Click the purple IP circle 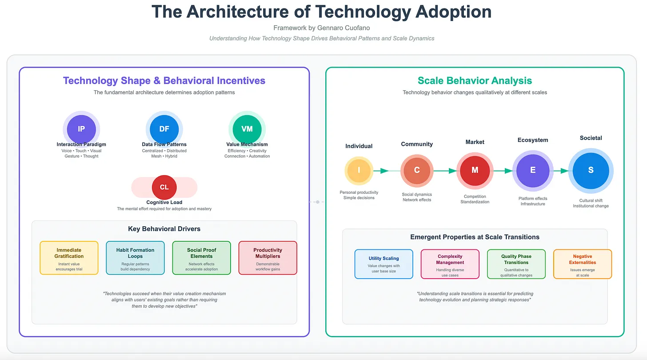point(81,129)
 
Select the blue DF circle point(164,129)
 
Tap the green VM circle point(247,129)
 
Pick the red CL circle point(164,187)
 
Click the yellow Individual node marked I point(359,171)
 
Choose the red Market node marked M point(475,171)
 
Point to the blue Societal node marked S point(591,171)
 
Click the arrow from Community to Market point(445,171)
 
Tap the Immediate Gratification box point(69,258)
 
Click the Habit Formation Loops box point(135,258)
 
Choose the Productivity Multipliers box point(268,258)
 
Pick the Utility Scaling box point(384,264)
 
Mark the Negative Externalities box point(582,264)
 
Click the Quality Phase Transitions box point(516,264)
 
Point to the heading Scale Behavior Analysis point(475,81)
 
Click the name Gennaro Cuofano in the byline point(343,28)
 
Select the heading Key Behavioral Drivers point(164,229)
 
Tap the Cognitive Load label point(164,202)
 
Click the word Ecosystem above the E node point(533,140)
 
